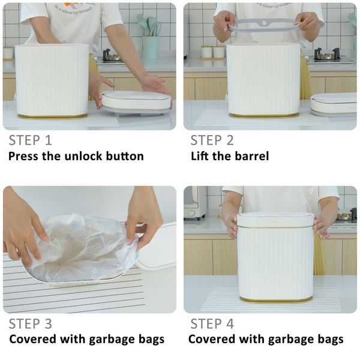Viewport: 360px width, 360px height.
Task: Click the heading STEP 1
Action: tap(31, 140)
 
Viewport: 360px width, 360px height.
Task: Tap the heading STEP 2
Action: tap(212, 140)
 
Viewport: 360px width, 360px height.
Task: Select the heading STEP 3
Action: tap(31, 324)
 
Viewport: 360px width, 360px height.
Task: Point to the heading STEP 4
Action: tap(212, 324)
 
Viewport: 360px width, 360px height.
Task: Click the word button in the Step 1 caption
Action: tap(125, 156)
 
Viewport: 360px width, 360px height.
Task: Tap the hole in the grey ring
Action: tap(264, 23)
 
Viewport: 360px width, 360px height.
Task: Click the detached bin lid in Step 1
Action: tap(136, 102)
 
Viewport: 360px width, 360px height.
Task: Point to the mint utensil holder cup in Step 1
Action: tap(151, 47)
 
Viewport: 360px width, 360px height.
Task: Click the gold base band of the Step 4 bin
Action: tap(276, 299)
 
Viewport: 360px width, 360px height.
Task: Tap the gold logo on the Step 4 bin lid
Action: tap(275, 222)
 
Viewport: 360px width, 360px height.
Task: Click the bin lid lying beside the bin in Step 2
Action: tap(334, 104)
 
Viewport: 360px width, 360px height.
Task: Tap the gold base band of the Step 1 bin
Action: tap(52, 116)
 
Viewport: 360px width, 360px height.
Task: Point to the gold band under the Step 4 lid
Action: tap(275, 227)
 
